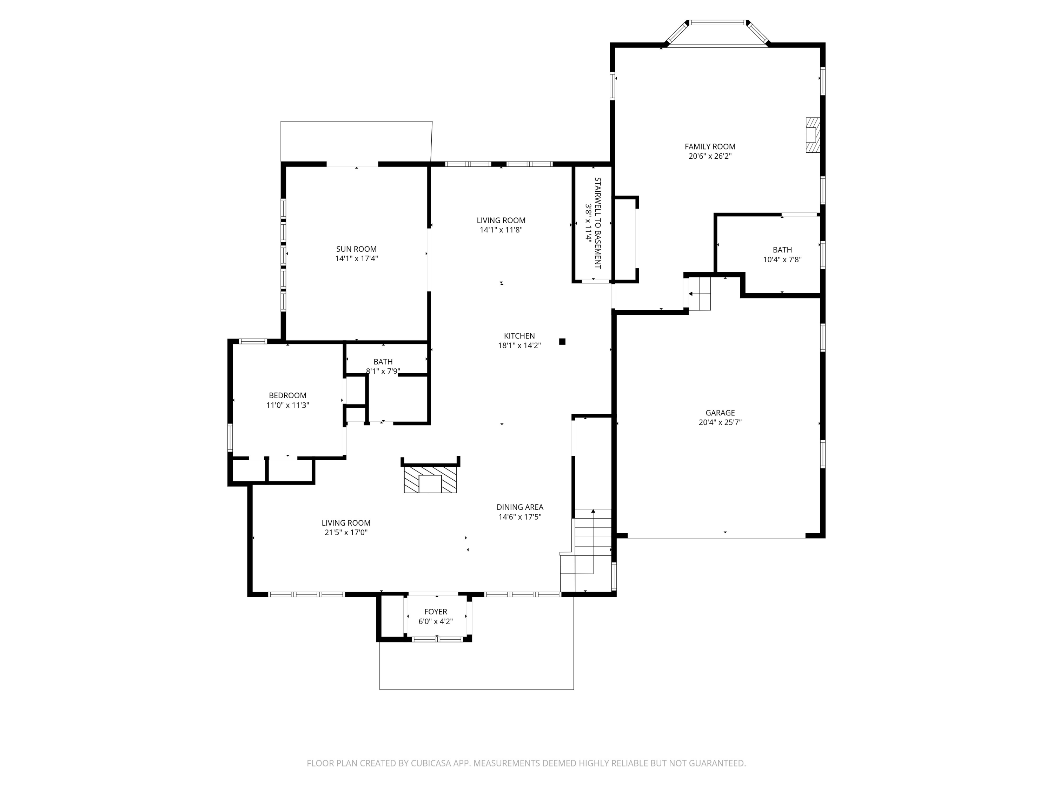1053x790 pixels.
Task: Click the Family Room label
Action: [x=710, y=147]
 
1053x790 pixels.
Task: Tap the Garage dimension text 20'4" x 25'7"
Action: [x=720, y=422]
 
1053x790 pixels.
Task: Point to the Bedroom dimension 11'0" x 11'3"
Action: [x=287, y=405]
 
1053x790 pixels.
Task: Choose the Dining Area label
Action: [x=520, y=507]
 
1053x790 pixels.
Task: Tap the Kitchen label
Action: [x=519, y=336]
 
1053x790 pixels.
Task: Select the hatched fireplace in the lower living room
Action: [x=430, y=480]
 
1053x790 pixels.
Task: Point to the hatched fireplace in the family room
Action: [x=813, y=135]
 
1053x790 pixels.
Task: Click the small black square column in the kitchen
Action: [x=562, y=341]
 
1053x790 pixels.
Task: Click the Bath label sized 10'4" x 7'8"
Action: [x=782, y=250]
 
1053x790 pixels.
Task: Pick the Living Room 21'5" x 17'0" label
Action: [x=346, y=523]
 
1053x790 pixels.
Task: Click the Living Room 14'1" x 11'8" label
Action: [x=501, y=220]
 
